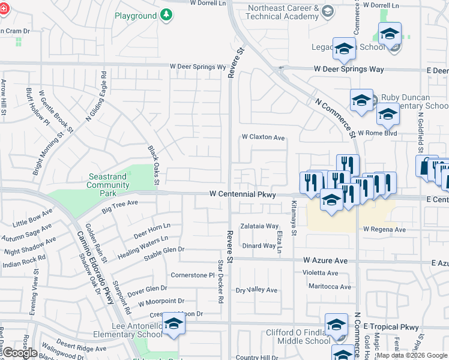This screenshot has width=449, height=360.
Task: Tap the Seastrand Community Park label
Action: pyautogui.click(x=108, y=181)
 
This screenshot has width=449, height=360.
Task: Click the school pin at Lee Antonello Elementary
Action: pyautogui.click(x=173, y=323)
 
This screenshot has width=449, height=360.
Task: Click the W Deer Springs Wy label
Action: pyautogui.click(x=197, y=67)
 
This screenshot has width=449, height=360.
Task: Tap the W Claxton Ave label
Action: pyautogui.click(x=263, y=137)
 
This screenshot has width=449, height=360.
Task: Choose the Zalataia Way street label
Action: pyautogui.click(x=259, y=226)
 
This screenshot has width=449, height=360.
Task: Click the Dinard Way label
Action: pyautogui.click(x=259, y=245)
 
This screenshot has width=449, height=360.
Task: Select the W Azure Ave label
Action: pyautogui.click(x=325, y=260)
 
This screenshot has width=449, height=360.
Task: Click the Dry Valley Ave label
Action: pyautogui.click(x=256, y=290)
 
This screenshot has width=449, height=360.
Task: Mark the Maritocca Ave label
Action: pyautogui.click(x=329, y=287)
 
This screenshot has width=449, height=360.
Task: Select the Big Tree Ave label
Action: pyautogui.click(x=120, y=207)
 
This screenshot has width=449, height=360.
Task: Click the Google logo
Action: pyautogui.click(x=20, y=353)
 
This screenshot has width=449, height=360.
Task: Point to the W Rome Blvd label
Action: pyautogui.click(x=377, y=133)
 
